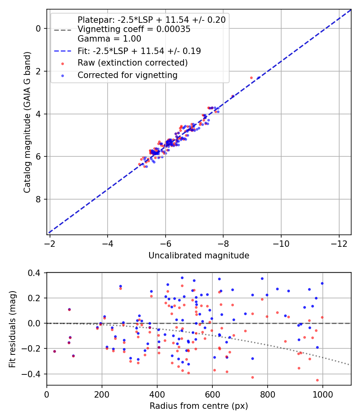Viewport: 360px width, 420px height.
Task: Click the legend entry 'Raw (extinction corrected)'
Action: coord(132,63)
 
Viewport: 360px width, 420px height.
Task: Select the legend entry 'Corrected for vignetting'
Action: coord(128,75)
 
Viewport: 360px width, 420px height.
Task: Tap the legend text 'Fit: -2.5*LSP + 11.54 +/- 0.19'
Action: coord(139,51)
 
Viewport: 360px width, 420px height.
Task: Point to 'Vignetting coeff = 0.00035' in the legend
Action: coord(134,29)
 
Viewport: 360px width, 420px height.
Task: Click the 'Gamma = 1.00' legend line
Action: coord(109,39)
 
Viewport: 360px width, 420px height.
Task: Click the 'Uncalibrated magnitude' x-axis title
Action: coord(199,256)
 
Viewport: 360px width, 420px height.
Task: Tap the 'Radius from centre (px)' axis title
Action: coord(199,406)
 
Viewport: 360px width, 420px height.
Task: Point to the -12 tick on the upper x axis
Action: coord(339,244)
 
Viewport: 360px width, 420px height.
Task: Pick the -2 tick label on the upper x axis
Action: coord(50,244)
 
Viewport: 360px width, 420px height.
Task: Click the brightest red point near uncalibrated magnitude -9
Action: coord(251,78)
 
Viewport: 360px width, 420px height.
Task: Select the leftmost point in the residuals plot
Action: coord(54,351)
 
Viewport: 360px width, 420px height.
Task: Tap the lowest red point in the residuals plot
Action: coord(317,380)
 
